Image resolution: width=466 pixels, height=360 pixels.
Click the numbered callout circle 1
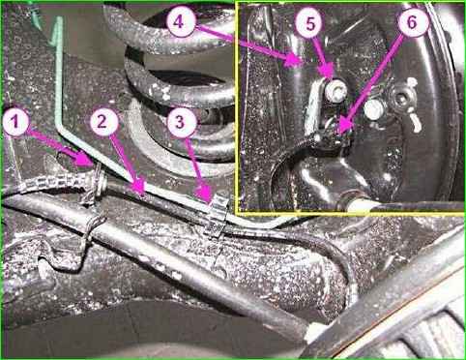[16, 123]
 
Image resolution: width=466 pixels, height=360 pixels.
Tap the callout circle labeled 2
[103, 122]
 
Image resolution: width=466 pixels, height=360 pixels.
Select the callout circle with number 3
[182, 122]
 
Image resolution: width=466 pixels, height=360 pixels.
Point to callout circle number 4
[181, 22]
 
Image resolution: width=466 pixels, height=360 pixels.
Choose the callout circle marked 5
[310, 23]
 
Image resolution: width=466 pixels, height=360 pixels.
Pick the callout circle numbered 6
[413, 22]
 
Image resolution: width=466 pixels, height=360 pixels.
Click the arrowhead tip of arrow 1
[94, 165]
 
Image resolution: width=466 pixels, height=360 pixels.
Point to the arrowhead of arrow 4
[301, 63]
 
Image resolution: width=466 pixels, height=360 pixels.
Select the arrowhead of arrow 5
[332, 77]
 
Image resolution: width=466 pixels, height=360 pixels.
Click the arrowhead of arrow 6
[339, 133]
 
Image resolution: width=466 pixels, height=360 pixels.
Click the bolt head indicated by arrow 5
[335, 90]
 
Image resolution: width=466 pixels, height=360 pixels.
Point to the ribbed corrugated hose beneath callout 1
[48, 184]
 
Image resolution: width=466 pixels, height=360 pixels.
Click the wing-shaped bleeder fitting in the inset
[405, 104]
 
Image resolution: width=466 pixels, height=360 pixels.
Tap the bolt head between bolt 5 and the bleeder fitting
[374, 109]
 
